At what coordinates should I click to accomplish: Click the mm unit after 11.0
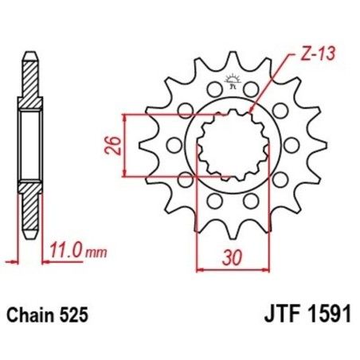95,253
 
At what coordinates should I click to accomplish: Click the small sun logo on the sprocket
233,78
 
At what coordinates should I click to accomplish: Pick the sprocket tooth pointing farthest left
143,145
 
